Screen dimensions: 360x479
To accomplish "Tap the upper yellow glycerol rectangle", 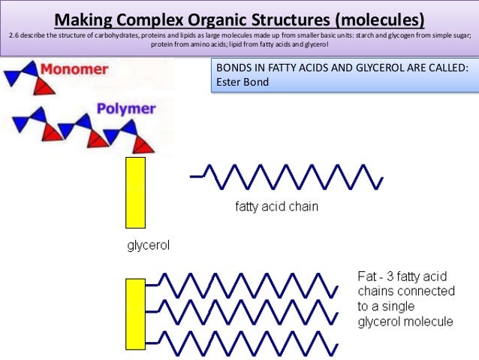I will [x=135, y=192].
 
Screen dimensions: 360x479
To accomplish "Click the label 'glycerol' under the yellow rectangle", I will [x=148, y=245].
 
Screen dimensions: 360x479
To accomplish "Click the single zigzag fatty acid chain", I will [x=289, y=177].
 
